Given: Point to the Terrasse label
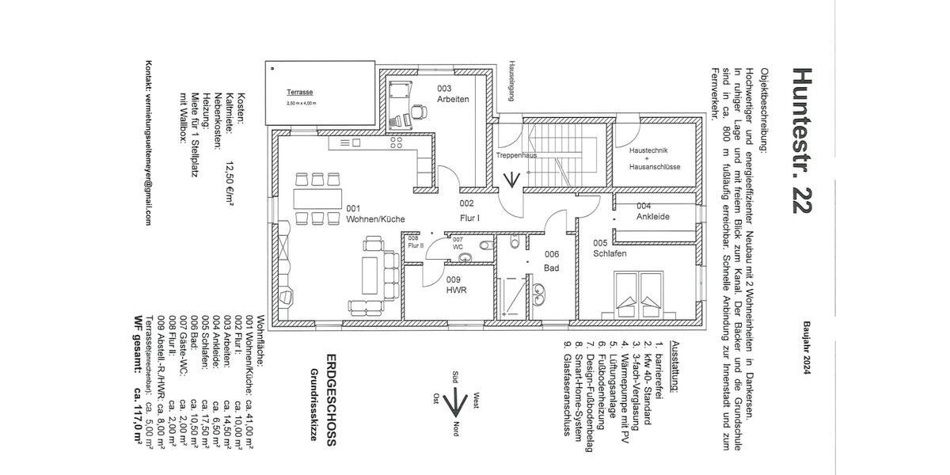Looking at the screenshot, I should pos(302,92).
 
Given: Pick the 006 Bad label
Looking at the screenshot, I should pos(552,261).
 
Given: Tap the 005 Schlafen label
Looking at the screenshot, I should pos(610,249).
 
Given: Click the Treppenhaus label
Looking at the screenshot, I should pos(517,156).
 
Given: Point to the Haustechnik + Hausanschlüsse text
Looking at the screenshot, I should pos(650,158).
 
